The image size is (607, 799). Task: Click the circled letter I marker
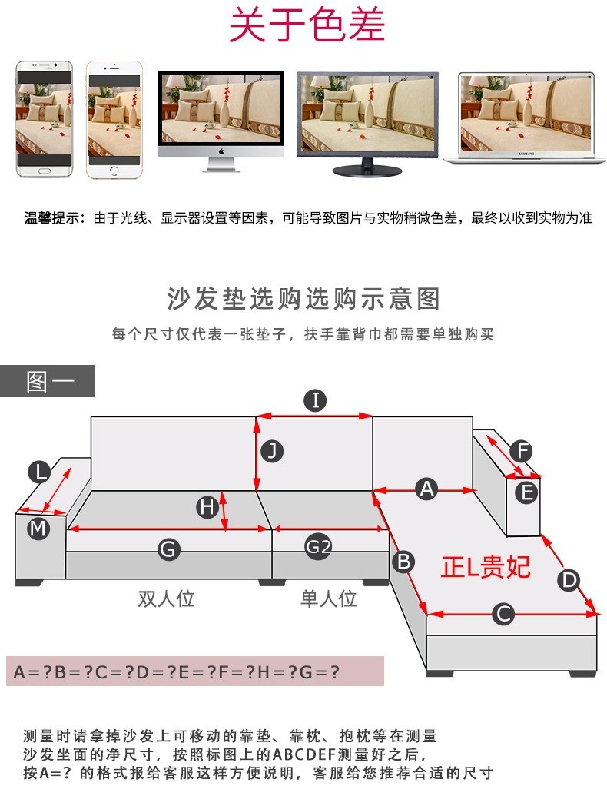pyautogui.click(x=316, y=400)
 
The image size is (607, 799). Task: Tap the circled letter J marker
pyautogui.click(x=272, y=451)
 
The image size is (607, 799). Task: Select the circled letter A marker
pyautogui.click(x=426, y=489)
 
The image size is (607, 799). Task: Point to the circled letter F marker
pyautogui.click(x=522, y=451)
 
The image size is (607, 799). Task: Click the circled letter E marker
pyautogui.click(x=526, y=492)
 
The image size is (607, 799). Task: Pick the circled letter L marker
pyautogui.click(x=39, y=472)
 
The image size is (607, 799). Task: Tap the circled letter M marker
pyautogui.click(x=38, y=529)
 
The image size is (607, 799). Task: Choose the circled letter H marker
pyautogui.click(x=207, y=508)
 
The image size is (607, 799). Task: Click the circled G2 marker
pyautogui.click(x=318, y=548)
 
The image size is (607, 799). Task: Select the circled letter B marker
pyautogui.click(x=403, y=562)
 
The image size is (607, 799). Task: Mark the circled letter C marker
pyautogui.click(x=503, y=614)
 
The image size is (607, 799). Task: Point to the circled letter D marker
pyautogui.click(x=569, y=580)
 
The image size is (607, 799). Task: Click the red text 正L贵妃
pyautogui.click(x=486, y=567)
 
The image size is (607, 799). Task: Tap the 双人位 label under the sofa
pyautogui.click(x=166, y=598)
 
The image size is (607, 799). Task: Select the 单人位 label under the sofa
pyautogui.click(x=328, y=598)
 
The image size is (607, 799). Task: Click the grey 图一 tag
pyautogui.click(x=48, y=381)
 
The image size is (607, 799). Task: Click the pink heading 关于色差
pyautogui.click(x=307, y=25)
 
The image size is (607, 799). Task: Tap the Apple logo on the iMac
pyautogui.click(x=221, y=152)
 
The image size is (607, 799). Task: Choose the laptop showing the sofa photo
pyautogui.click(x=525, y=118)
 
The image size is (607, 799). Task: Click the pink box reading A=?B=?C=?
pyautogui.click(x=195, y=671)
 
